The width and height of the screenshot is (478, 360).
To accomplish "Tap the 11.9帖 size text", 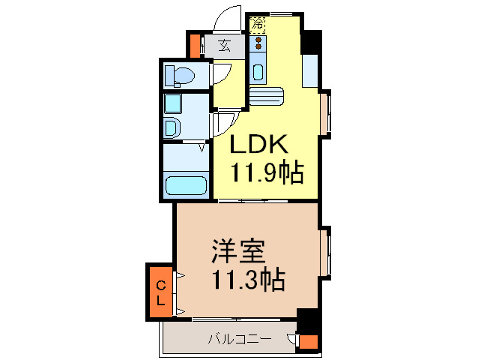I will click(x=266, y=173).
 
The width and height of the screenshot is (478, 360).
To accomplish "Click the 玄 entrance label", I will click(x=223, y=46).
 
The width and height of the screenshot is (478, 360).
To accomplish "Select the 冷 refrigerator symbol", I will click(x=257, y=24).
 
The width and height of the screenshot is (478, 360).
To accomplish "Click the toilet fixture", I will click(x=179, y=75).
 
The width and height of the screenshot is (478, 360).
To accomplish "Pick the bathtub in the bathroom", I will click(x=184, y=185).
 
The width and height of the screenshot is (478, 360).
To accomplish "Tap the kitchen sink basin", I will click(x=258, y=73).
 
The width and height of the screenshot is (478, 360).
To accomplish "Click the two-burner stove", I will click(x=257, y=43).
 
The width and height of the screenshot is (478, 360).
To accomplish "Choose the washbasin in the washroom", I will click(x=172, y=127).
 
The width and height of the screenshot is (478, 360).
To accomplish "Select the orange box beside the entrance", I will click(x=195, y=46).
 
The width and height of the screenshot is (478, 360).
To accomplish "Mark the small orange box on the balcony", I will click(x=308, y=343).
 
